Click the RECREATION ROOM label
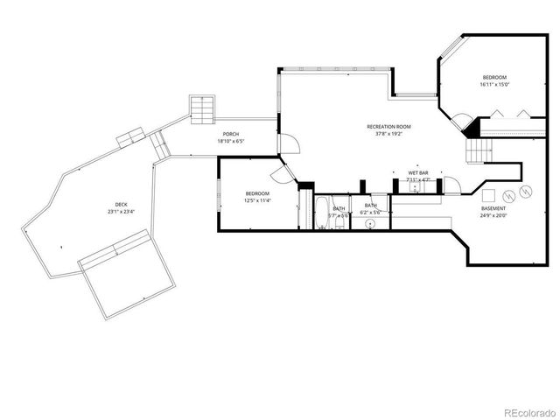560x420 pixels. point(388,127)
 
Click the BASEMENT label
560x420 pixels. point(493,208)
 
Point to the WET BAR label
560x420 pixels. point(417,173)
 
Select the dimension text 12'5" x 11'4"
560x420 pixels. point(257,200)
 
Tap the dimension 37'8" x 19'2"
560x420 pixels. point(388,134)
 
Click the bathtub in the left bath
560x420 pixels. point(322,213)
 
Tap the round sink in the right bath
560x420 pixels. point(371,223)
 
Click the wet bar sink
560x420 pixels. point(412,185)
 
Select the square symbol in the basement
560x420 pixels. point(489,193)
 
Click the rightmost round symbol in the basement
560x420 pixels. point(527,191)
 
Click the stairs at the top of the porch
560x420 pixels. point(202,108)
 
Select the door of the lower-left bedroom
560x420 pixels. point(289,170)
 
